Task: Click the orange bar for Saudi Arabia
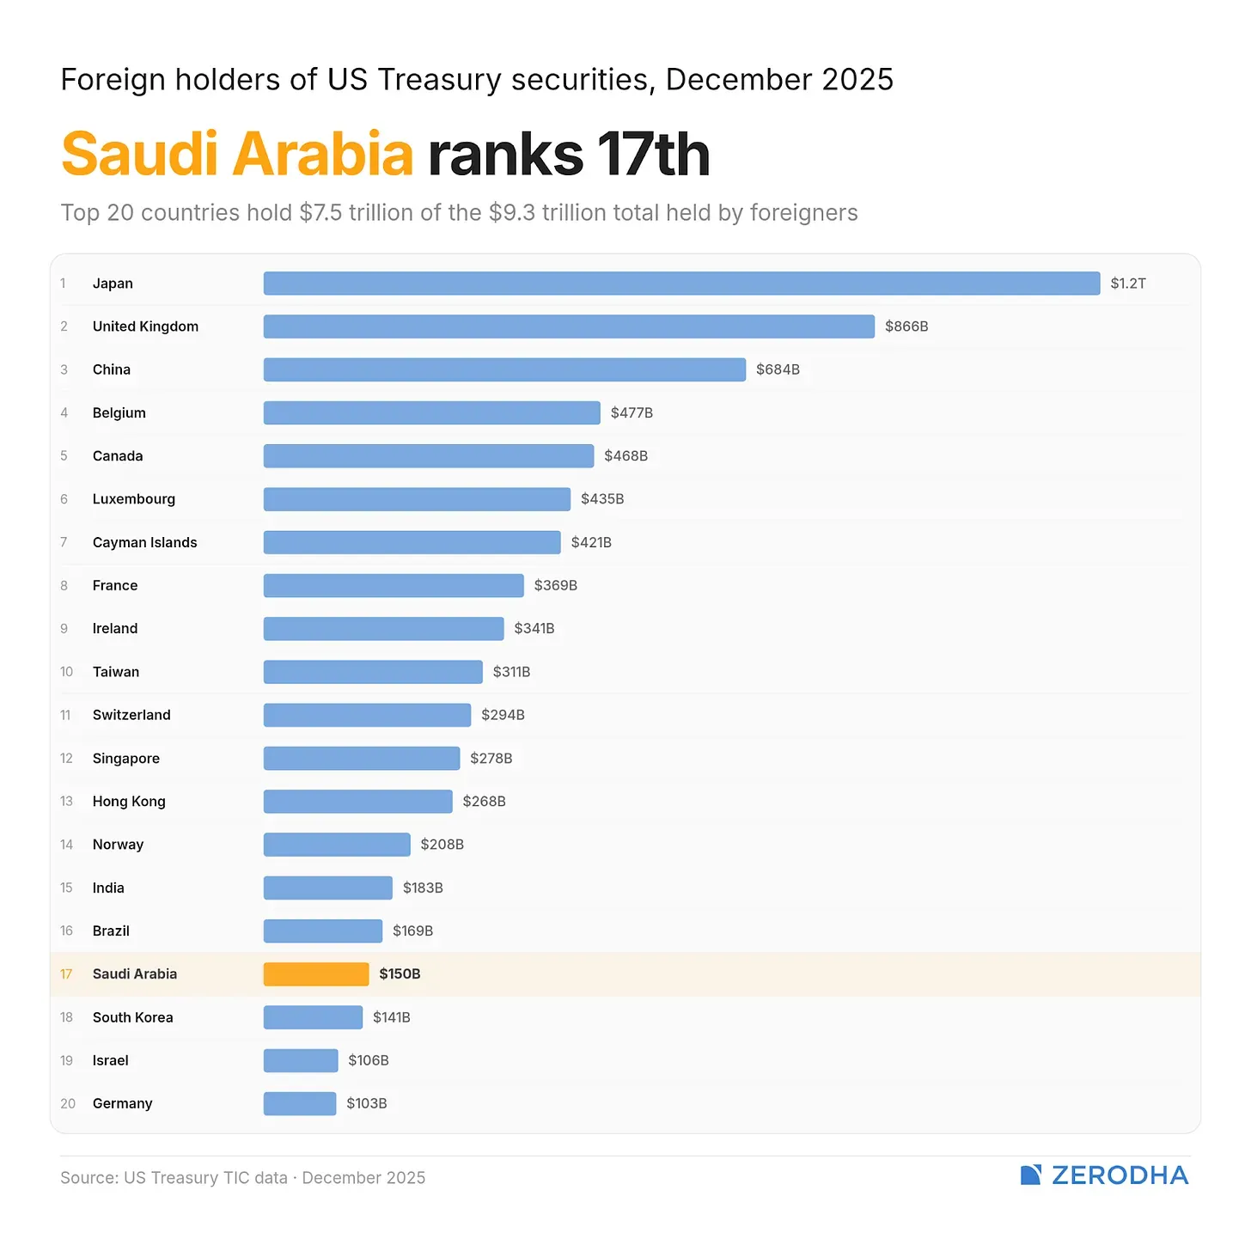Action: point(316,973)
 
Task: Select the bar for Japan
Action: point(681,284)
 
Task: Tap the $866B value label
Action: point(906,326)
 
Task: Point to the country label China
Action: point(112,369)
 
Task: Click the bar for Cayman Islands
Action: point(412,542)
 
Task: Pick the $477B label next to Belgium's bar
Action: point(632,413)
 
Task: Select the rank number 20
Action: point(68,1103)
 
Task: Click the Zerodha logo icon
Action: point(1031,1175)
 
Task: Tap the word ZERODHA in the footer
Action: point(1120,1175)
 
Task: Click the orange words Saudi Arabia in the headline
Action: point(238,155)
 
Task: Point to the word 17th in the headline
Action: point(654,155)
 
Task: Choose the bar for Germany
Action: point(299,1103)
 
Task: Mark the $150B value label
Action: point(400,973)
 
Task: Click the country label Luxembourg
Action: point(134,499)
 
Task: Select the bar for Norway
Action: point(337,845)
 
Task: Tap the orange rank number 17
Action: point(66,973)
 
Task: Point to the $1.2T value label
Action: point(1127,284)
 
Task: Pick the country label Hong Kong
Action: point(129,802)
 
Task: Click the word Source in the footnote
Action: point(87,1178)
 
